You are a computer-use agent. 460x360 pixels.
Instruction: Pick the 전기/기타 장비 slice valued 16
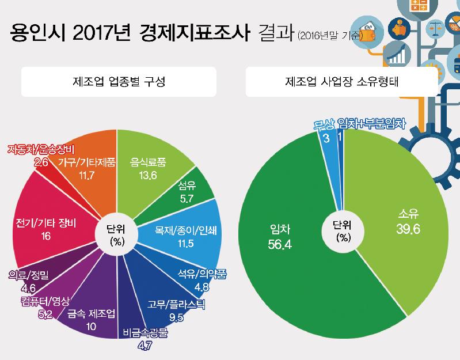coord(46,228)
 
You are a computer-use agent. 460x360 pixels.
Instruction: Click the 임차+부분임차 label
coord(372,123)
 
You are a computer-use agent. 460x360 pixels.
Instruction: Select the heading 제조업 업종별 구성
coord(119,81)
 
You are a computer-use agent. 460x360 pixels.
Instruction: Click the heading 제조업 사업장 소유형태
coord(343,81)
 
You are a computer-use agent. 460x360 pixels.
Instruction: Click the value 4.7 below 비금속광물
coord(145,347)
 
